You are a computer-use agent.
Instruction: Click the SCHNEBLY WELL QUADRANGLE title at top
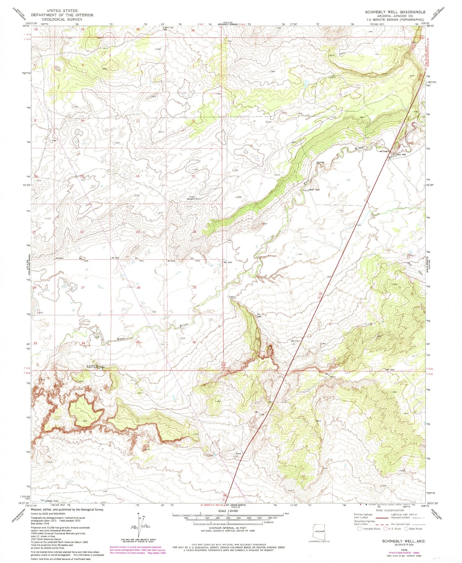coord(395,12)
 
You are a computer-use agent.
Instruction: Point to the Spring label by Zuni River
coord(320,162)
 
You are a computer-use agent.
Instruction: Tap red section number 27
coord(83,287)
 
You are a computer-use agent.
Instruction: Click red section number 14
coord(137,176)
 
